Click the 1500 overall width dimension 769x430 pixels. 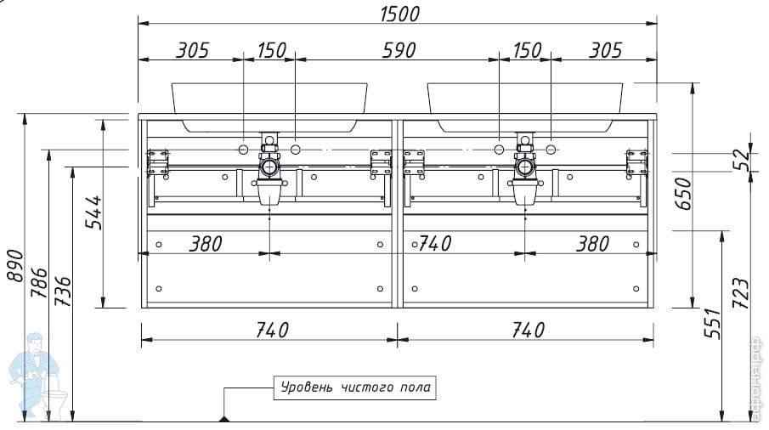tap(399, 14)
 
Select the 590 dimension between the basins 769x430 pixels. tap(399, 50)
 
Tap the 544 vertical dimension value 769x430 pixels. tap(93, 212)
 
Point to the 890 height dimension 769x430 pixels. tap(14, 266)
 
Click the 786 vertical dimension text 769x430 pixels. tap(39, 283)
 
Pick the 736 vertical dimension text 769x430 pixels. tap(62, 291)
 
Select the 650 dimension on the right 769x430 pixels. tap(683, 194)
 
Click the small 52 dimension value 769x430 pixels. tap(742, 159)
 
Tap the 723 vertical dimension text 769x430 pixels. tap(741, 293)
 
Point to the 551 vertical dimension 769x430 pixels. tap(713, 323)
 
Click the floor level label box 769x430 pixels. tap(354, 388)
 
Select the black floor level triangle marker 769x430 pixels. tap(224, 419)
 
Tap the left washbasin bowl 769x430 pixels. tap(269, 107)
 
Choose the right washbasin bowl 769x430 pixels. tap(525, 107)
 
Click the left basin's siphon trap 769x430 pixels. tap(269, 169)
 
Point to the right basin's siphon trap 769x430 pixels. tap(525, 169)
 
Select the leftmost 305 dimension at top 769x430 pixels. tap(193, 50)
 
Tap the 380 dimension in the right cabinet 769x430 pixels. tap(592, 244)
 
